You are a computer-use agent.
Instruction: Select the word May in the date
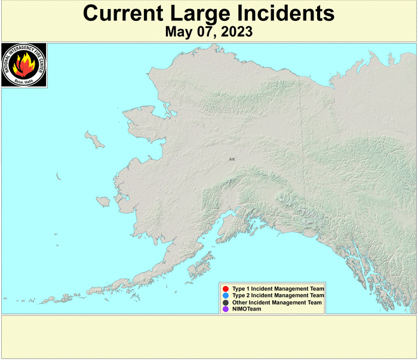coord(178,32)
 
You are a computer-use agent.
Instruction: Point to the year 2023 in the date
coord(235,32)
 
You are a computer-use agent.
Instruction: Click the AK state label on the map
coord(232,159)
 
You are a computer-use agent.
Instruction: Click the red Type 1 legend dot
coord(225,289)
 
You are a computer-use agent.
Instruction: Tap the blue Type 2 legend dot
coord(225,296)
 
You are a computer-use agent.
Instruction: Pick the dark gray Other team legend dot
coord(225,303)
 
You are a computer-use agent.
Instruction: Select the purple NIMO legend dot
coord(225,309)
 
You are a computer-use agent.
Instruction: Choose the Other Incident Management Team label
coord(277,303)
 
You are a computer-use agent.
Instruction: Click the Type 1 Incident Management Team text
coord(278,289)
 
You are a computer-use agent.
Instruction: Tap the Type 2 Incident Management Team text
coord(278,296)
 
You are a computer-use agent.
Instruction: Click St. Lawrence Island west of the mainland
coord(94,140)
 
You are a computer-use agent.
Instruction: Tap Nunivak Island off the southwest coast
coord(104,201)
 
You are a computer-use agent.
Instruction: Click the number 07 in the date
coord(202,32)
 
